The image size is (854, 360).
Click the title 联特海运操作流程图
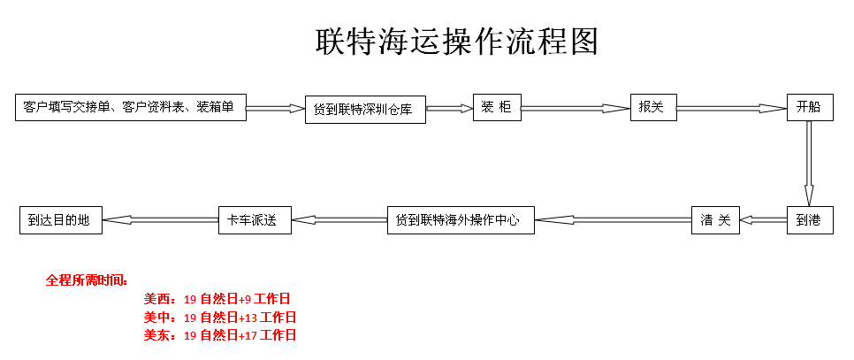click(x=457, y=42)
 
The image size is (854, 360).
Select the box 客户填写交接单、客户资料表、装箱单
click(x=130, y=107)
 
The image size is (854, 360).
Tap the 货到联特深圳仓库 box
click(x=365, y=110)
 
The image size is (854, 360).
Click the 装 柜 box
click(x=496, y=107)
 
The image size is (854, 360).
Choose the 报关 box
click(x=652, y=107)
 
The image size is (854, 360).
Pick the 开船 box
click(x=809, y=107)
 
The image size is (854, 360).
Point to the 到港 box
click(x=809, y=220)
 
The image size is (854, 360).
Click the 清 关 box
click(x=715, y=220)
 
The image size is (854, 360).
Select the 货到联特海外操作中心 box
click(x=461, y=219)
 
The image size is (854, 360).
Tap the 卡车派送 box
click(x=254, y=219)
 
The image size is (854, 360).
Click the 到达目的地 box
click(x=60, y=219)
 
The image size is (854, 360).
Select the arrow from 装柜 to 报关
click(x=575, y=108)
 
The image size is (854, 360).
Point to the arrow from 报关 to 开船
click(x=731, y=108)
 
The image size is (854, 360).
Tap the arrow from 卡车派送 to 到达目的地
click(x=161, y=219)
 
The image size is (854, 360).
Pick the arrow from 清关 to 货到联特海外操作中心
click(x=613, y=219)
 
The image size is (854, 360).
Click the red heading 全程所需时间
click(x=87, y=280)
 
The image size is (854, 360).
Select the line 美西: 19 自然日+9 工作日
click(x=217, y=299)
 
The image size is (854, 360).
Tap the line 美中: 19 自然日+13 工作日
click(x=220, y=317)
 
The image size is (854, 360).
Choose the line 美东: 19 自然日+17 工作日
click(x=220, y=335)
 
